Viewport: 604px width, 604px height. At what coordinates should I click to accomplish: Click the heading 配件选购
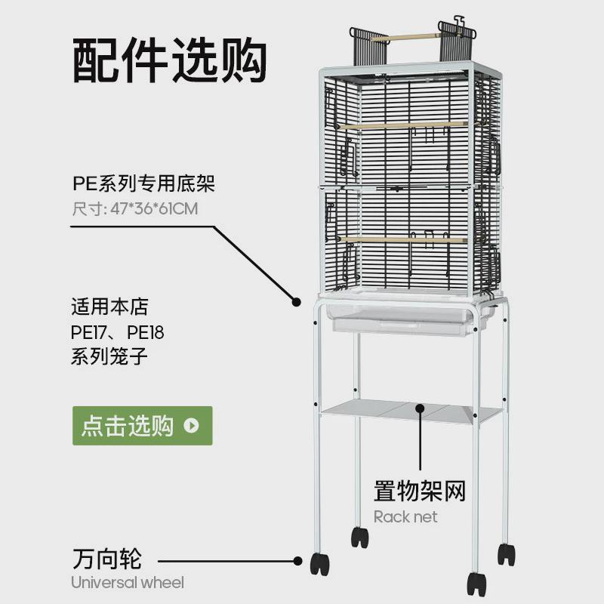tap(171, 60)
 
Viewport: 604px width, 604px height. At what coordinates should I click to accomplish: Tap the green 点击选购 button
tap(142, 426)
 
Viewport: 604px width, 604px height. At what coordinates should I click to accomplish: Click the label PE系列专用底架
tap(138, 183)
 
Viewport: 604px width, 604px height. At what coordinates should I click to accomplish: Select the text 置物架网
tap(420, 492)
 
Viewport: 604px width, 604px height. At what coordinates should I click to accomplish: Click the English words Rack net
tap(405, 517)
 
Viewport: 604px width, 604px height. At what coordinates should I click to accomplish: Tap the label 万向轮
tap(107, 560)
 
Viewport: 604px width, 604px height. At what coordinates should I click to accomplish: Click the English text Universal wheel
tap(128, 582)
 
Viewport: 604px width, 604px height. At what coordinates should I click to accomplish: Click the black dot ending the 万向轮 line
tap(298, 561)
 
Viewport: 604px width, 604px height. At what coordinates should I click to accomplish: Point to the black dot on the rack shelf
tap(421, 410)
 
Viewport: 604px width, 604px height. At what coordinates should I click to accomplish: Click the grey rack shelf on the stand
tap(411, 413)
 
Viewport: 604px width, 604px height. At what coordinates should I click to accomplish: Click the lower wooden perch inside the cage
tap(404, 239)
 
